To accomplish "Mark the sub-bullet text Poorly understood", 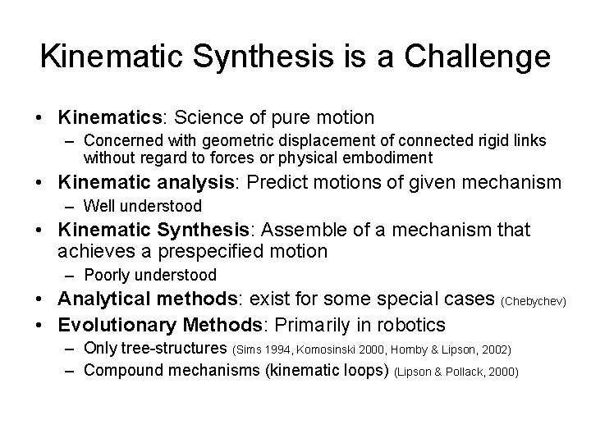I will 149,275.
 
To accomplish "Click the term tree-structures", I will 174,349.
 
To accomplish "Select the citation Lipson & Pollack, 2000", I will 456,372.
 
